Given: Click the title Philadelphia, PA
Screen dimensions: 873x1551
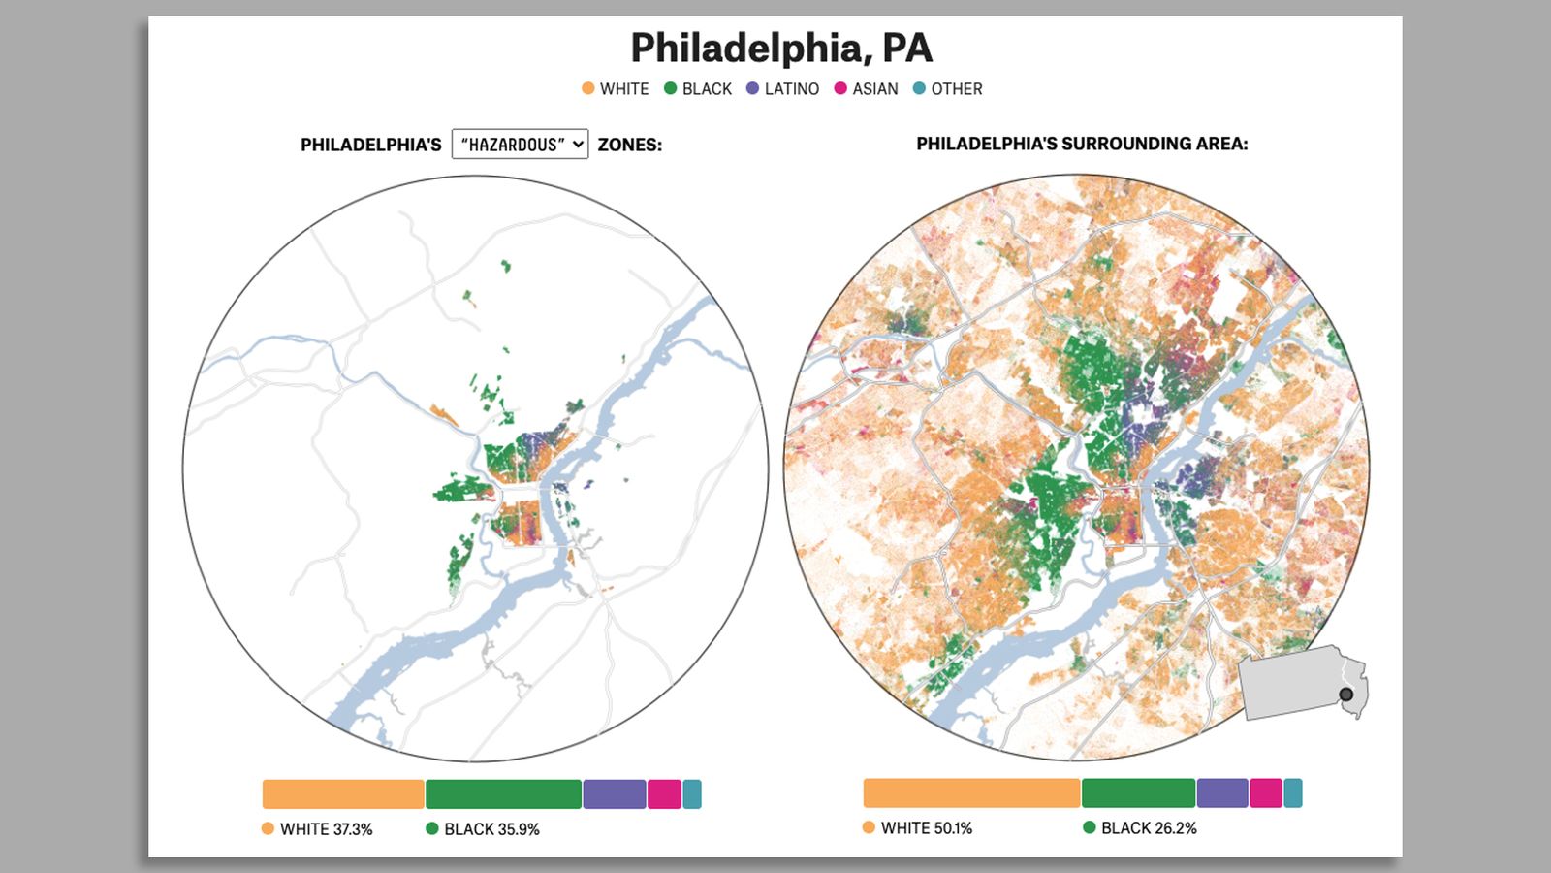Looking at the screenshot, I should pyautogui.click(x=781, y=48).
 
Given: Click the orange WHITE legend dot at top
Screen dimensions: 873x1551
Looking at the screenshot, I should pyautogui.click(x=587, y=88).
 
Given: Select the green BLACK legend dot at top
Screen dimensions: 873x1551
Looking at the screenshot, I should pyautogui.click(x=670, y=88).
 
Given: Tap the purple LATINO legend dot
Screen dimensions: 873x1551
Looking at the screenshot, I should pyautogui.click(x=752, y=88).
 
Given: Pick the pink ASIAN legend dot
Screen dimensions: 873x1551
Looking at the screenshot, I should pyautogui.click(x=840, y=88).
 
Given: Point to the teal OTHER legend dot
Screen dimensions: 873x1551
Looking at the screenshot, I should pyautogui.click(x=919, y=88).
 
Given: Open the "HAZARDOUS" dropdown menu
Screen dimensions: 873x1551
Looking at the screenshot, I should pyautogui.click(x=520, y=145).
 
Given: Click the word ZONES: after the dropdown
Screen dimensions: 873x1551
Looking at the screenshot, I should pyautogui.click(x=629, y=145).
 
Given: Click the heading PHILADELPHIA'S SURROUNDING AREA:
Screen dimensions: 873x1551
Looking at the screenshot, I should pyautogui.click(x=1082, y=144).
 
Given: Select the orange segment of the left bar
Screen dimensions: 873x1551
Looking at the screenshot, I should pyautogui.click(x=343, y=793).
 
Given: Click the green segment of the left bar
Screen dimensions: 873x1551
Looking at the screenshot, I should pyautogui.click(x=503, y=793).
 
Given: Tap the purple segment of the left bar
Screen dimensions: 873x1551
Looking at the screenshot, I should pyautogui.click(x=615, y=793).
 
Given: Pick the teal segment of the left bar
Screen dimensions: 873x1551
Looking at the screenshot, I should pyautogui.click(x=692, y=793).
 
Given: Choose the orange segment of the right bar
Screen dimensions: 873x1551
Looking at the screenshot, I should pyautogui.click(x=971, y=792).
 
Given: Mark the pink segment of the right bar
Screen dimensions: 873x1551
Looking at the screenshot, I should pyautogui.click(x=1266, y=792).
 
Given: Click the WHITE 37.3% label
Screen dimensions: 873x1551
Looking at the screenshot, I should pyautogui.click(x=326, y=829).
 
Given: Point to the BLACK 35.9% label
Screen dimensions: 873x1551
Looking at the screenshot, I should pyautogui.click(x=491, y=829).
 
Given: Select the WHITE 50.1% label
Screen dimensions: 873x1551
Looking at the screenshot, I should pyautogui.click(x=926, y=828).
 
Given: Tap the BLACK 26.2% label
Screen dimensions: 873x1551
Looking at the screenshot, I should pyautogui.click(x=1149, y=828).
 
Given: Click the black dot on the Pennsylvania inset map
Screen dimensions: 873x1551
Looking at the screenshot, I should pyautogui.click(x=1345, y=695).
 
